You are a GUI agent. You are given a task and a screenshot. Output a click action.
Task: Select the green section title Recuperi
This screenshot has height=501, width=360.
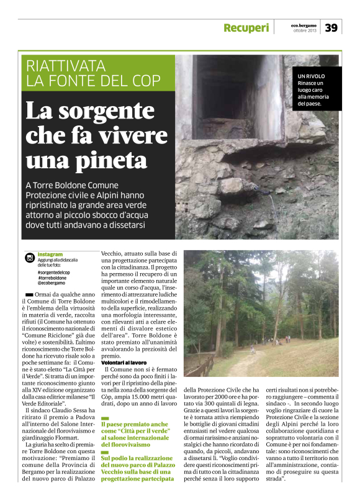246,28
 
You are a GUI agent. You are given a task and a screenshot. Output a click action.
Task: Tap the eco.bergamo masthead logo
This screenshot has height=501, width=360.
304,25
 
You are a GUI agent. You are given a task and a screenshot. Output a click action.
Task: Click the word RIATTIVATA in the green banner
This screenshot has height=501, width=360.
62,65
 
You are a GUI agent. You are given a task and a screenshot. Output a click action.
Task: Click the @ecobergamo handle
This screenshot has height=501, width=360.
51,283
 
